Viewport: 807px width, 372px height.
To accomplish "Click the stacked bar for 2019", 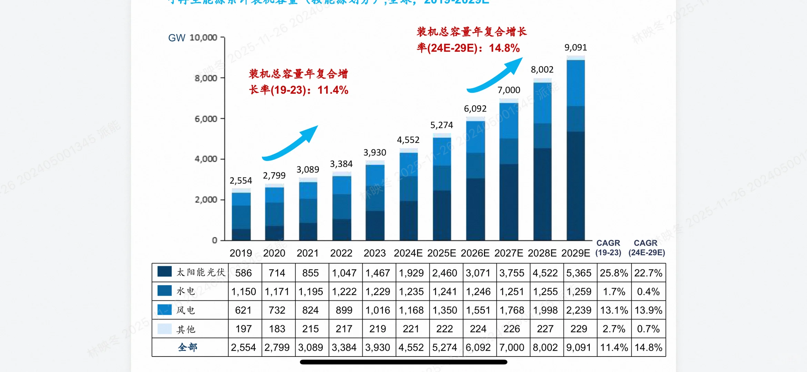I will (x=241, y=215).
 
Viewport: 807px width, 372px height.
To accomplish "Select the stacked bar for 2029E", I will (x=576, y=148).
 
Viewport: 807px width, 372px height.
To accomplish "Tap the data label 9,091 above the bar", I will (x=575, y=48).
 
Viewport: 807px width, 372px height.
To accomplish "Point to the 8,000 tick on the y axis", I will (x=206, y=78).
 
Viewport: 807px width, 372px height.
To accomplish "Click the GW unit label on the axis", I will (x=176, y=38).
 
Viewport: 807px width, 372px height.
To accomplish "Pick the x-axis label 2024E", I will (x=408, y=253).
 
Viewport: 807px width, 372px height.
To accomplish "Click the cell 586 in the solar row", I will (x=243, y=273).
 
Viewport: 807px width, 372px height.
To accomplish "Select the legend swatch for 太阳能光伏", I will (x=164, y=272).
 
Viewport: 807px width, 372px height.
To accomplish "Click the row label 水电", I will (x=186, y=291).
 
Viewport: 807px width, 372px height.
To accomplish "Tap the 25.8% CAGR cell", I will (x=614, y=273).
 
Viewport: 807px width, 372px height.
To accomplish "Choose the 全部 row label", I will (x=188, y=347).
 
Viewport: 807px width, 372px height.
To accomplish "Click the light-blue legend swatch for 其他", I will (x=164, y=329).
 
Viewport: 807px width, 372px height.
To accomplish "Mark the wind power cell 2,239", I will (x=578, y=310).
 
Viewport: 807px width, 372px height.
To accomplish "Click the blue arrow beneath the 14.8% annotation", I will (x=496, y=76).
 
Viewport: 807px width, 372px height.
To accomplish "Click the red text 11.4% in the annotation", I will (x=333, y=90).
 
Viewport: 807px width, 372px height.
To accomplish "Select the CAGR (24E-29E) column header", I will (x=646, y=248).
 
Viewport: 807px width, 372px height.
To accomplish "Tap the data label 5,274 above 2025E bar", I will (x=441, y=125).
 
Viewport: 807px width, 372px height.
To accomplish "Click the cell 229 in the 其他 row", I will (x=578, y=329).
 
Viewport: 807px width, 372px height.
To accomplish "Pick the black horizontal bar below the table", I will (x=403, y=362).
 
